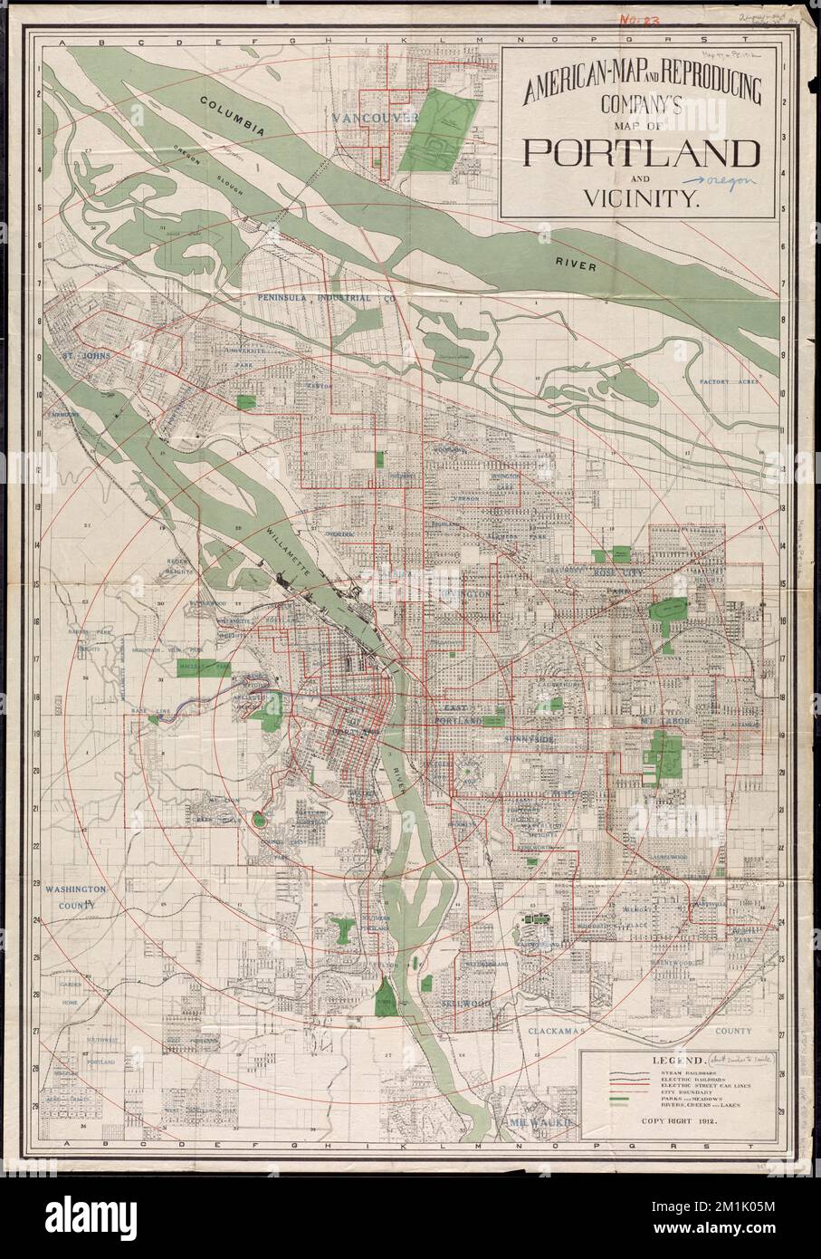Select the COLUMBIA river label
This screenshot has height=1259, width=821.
click(x=234, y=117)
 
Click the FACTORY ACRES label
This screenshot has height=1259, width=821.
click(x=731, y=381)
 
